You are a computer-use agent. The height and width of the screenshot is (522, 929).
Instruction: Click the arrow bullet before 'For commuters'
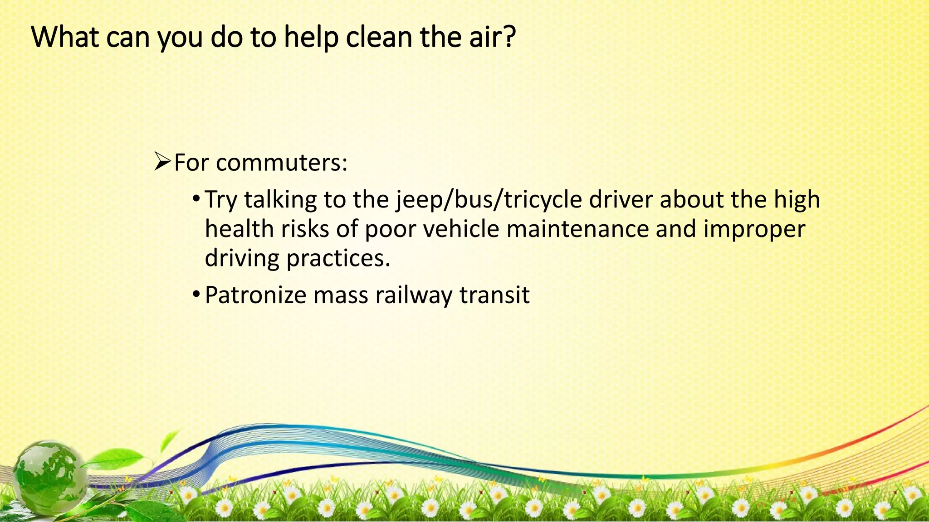coord(162,162)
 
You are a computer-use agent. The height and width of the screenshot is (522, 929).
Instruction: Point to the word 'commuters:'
coord(282,163)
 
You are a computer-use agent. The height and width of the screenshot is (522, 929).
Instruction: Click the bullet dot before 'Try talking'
coord(196,199)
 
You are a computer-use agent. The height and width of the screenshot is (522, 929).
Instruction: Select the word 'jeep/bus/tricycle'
coord(489,200)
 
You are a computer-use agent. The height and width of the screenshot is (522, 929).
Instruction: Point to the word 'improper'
coord(754,230)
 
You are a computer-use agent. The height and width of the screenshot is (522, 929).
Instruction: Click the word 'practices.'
coord(338,258)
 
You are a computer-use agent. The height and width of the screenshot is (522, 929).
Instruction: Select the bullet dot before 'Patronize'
coord(196,295)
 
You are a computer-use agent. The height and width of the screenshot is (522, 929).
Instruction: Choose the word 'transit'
coord(494,295)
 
